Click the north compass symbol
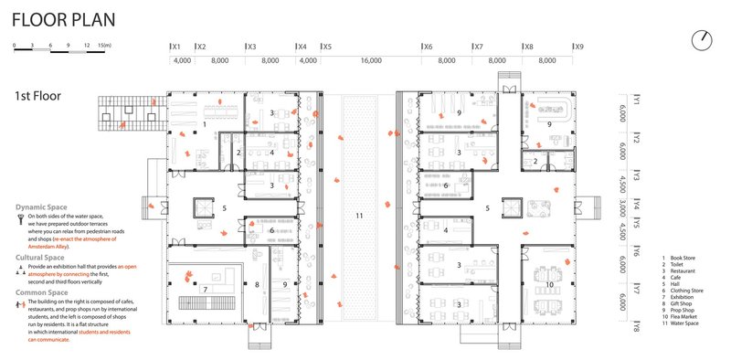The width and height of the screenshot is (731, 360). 702,39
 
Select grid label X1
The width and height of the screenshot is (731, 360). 176,46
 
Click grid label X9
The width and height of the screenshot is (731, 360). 577,46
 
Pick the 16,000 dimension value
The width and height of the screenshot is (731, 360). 370,60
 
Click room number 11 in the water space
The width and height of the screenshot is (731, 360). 359,216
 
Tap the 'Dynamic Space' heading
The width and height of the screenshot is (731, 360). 46,207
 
